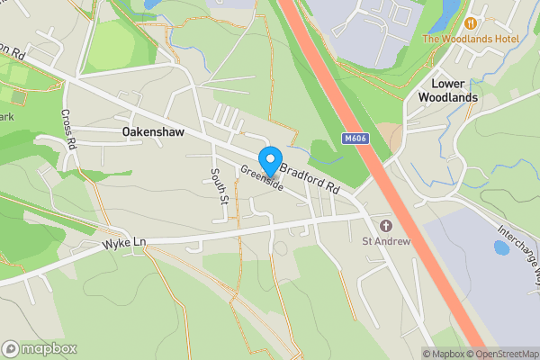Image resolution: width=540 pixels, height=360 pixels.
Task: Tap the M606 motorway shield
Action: (x=355, y=139)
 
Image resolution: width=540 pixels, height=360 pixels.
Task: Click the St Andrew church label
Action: (x=386, y=241)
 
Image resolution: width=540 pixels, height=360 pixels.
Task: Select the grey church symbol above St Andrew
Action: (x=386, y=225)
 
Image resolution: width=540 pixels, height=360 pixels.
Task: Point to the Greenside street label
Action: (x=262, y=176)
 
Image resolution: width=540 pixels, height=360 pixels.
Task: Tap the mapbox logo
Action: (x=40, y=348)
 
